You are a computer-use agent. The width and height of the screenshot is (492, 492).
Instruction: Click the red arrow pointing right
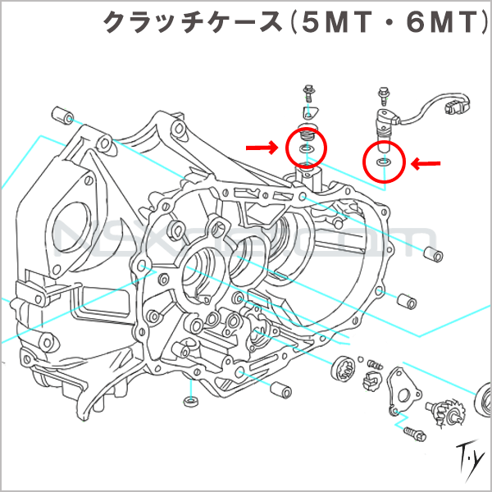262,148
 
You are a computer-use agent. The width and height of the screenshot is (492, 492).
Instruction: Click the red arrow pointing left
426,165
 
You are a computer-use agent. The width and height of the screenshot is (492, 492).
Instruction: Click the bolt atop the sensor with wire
381,94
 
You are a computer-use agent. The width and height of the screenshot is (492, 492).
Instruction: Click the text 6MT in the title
434,23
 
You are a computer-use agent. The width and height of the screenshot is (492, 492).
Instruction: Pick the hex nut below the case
189,401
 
